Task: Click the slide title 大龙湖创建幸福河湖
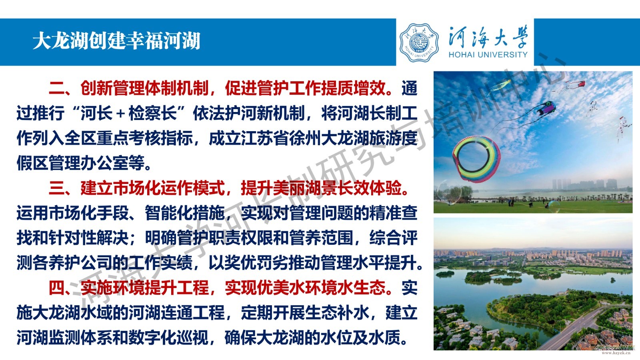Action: click(x=116, y=40)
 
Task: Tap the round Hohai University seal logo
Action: click(x=419, y=42)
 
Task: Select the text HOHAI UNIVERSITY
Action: click(x=488, y=54)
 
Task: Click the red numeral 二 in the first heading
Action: click(x=56, y=88)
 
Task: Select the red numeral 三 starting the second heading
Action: click(x=56, y=188)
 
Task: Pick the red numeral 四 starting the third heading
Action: click(x=56, y=288)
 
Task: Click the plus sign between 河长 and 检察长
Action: click(x=120, y=114)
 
